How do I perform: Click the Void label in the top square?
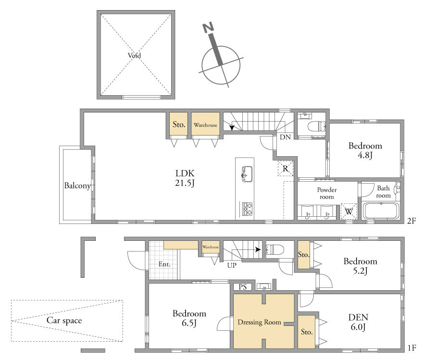[134, 55]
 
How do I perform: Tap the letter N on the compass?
[208, 27]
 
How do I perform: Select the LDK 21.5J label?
[185, 178]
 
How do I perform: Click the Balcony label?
[77, 186]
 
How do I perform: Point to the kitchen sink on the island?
[247, 174]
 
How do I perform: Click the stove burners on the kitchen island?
[248, 209]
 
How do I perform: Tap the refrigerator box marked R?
[286, 169]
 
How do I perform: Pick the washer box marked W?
[349, 211]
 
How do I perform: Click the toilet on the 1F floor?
[275, 249]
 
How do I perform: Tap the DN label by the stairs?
[285, 137]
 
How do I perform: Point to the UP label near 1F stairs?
[232, 265]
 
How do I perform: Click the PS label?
[243, 287]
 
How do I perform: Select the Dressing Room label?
[259, 322]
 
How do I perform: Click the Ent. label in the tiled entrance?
[164, 264]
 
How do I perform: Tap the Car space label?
[64, 320]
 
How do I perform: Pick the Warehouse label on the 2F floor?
[206, 125]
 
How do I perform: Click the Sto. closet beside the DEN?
[307, 332]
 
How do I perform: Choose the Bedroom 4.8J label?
[365, 150]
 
